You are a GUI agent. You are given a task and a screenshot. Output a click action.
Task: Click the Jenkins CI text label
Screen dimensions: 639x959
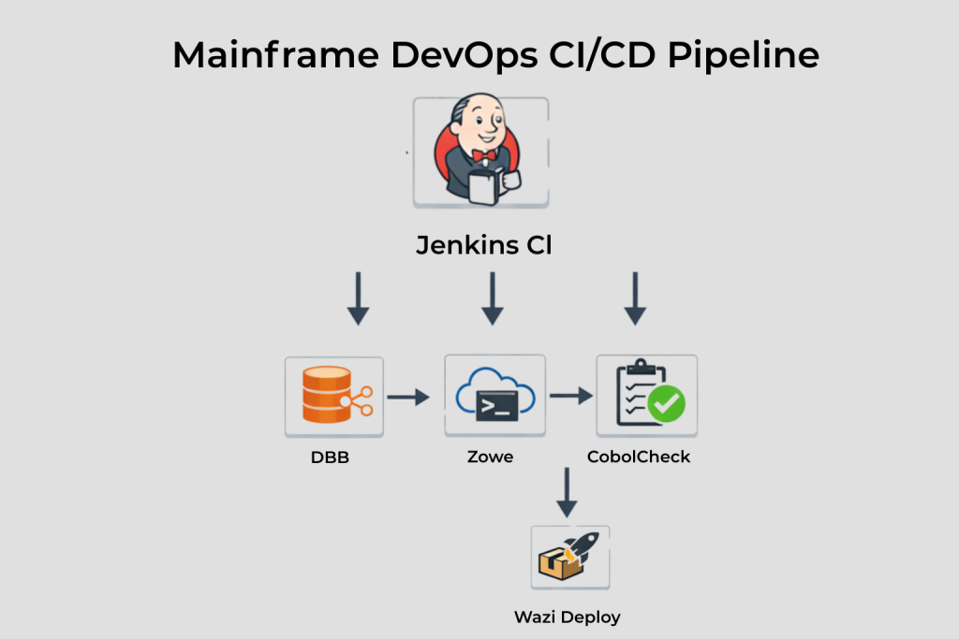coord(483,246)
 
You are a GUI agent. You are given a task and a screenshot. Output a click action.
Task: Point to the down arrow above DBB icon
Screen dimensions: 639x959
coord(357,298)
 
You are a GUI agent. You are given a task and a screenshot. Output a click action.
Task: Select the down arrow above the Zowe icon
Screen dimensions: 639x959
coord(493,298)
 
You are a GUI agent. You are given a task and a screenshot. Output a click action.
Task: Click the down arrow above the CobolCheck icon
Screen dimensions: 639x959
coord(636,298)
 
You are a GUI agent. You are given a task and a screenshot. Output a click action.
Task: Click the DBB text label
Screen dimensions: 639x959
coord(330,457)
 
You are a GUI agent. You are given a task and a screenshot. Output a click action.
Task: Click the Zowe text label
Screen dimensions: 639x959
coord(490,457)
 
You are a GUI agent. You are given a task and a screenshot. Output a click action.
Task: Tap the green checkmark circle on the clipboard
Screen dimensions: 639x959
coord(667,404)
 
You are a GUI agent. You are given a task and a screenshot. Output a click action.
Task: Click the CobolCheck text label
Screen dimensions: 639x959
coord(639,457)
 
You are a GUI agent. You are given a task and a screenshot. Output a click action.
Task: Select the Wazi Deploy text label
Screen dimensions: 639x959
coord(567,617)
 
